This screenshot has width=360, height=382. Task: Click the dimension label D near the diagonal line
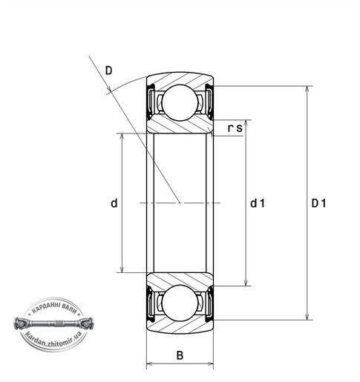[x=108, y=70]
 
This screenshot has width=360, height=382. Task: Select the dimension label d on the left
[x=114, y=203]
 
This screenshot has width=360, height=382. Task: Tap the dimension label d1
[x=258, y=203]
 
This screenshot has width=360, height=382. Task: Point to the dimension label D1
[x=318, y=203]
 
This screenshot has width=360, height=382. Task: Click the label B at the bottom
[x=180, y=355]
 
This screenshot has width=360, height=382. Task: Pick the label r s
[x=235, y=128]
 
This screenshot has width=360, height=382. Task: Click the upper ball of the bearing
[x=180, y=102]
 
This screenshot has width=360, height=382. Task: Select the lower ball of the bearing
[x=180, y=303]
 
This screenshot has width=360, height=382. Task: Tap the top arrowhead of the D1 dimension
[x=307, y=89]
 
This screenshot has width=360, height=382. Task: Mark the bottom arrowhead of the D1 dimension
[x=307, y=317]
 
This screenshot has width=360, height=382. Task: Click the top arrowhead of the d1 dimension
[x=246, y=123]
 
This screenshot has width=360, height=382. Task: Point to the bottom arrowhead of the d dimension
[x=122, y=269]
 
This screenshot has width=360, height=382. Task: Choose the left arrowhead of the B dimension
[x=150, y=363]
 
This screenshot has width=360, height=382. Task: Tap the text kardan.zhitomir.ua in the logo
[x=53, y=340]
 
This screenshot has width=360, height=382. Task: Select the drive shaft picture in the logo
[x=53, y=323]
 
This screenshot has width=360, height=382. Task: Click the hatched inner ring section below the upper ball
[x=180, y=125]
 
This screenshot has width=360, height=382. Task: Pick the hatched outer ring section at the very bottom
[x=180, y=327]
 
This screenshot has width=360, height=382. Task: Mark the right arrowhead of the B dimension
[x=210, y=363]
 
